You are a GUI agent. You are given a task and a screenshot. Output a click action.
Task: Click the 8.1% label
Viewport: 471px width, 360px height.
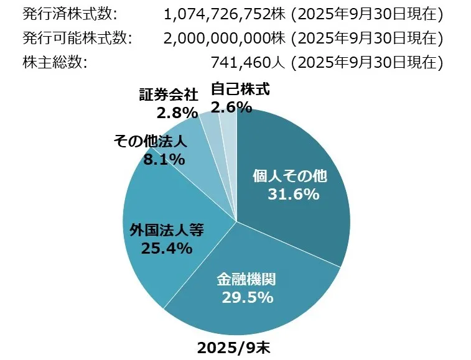pyautogui.click(x=164, y=159)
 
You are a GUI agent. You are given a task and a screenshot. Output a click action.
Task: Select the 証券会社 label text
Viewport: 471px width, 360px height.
pyautogui.click(x=169, y=95)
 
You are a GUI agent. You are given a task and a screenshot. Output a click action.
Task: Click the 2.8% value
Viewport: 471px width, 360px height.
pyautogui.click(x=177, y=113)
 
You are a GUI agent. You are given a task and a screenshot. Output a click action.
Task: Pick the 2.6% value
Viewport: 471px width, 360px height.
pyautogui.click(x=231, y=107)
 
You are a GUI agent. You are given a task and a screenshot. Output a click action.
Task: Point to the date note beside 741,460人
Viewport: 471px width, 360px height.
pyautogui.click(x=367, y=62)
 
